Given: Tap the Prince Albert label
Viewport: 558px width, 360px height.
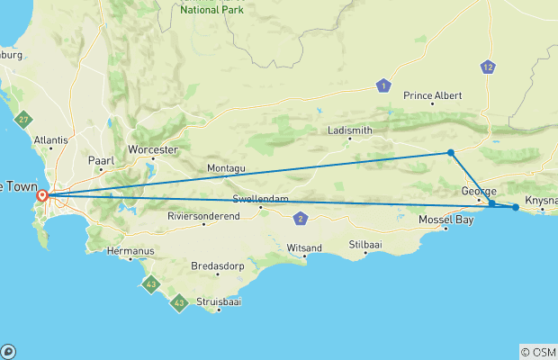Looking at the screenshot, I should point(433,95).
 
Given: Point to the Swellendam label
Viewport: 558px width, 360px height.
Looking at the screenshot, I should point(259,199).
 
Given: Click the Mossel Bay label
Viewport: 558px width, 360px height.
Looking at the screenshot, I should point(446,220).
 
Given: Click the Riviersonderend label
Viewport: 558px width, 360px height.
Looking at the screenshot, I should point(202,217).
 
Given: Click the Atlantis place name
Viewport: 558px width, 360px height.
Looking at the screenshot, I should point(51,140).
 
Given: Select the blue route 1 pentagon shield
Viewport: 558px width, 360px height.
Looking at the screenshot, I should point(384,85).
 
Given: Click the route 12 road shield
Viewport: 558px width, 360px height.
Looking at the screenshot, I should point(488,67).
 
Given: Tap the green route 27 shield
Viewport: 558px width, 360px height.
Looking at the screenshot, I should point(24,121).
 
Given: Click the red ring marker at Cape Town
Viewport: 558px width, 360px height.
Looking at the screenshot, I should point(42,195).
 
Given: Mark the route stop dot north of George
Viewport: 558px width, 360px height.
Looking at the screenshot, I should point(451,153).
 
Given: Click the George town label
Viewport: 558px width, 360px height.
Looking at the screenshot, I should point(478,191).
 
